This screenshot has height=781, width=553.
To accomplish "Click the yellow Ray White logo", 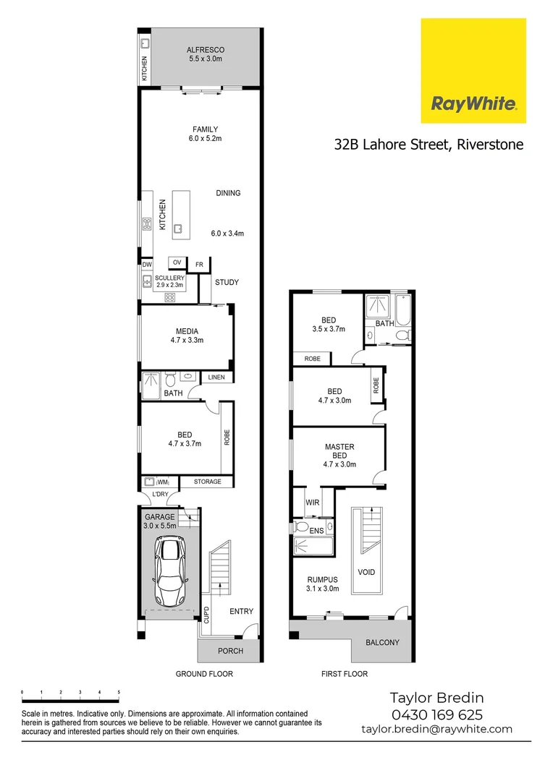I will coord(473,71).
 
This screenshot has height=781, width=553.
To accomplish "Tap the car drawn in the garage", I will coord(169,573).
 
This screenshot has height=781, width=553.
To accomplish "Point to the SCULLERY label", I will coord(170,278).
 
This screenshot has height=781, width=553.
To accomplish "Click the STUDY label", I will coord(227,283).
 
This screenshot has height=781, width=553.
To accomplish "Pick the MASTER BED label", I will coord(339,451).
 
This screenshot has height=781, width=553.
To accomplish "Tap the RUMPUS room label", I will coord(323,579).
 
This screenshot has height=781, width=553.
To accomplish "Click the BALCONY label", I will coord(381,642).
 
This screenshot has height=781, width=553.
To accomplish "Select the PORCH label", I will coord(230,651).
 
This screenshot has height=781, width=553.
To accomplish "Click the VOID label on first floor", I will coord(366,572).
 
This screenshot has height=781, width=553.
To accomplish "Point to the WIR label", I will coord(313,502).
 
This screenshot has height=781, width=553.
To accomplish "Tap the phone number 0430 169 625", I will coord(436,714).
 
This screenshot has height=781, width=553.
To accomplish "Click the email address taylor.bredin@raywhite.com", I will coord(436,729).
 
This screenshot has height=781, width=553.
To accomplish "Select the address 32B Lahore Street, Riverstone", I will coord(429,144).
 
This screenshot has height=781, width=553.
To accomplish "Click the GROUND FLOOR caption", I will coord(204,674).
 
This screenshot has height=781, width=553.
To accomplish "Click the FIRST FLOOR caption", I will coord(344,674).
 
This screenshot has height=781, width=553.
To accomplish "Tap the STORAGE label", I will coord(207,482).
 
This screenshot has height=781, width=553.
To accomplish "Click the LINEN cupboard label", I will coord(216,377).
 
